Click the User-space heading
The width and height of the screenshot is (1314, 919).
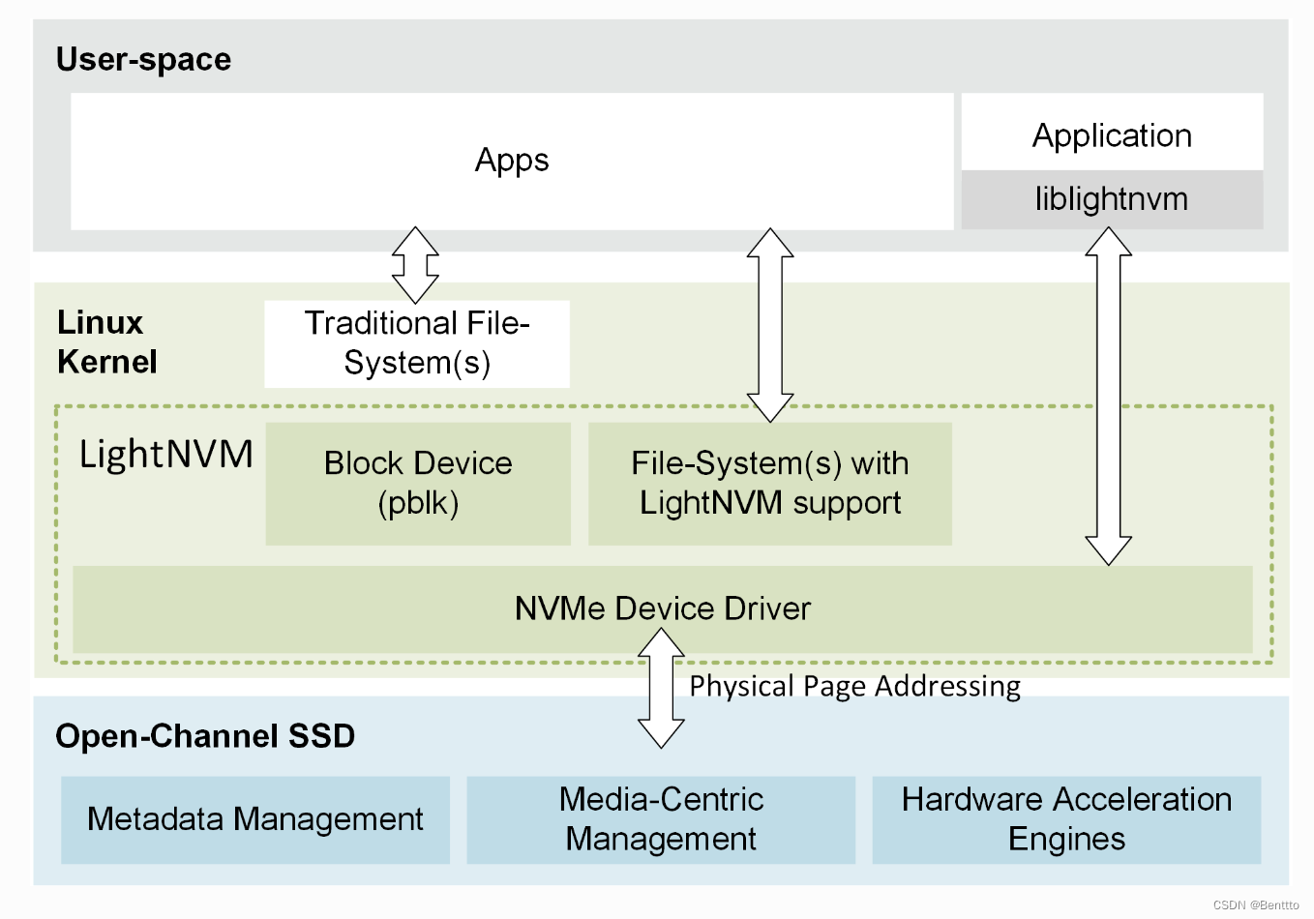pyautogui.click(x=143, y=60)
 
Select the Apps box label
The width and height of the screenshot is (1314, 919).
pyautogui.click(x=512, y=161)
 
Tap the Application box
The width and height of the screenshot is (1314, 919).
pyautogui.click(x=1112, y=135)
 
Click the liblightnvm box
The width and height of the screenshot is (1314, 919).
pyautogui.click(x=1112, y=199)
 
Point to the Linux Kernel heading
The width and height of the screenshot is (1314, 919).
pyautogui.click(x=106, y=342)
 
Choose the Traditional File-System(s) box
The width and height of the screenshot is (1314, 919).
pyautogui.click(x=417, y=343)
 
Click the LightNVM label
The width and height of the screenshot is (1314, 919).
pyautogui.click(x=165, y=454)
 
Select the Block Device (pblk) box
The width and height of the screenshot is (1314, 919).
pyautogui.click(x=418, y=483)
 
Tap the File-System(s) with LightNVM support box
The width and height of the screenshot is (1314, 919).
pyautogui.click(x=770, y=483)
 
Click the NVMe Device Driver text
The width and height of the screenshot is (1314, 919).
pyautogui.click(x=662, y=608)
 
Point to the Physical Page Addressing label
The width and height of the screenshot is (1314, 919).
pyautogui.click(x=854, y=686)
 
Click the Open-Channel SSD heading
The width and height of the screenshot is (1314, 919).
pyautogui.click(x=205, y=736)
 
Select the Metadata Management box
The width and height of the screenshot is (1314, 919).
pyautogui.click(x=255, y=819)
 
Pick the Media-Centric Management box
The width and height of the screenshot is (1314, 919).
pyautogui.click(x=661, y=819)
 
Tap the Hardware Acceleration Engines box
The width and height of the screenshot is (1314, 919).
pyautogui.click(x=1066, y=819)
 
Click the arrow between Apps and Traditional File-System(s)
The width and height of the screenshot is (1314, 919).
pyautogui.click(x=415, y=265)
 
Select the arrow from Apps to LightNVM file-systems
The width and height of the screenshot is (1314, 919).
pyautogui.click(x=770, y=325)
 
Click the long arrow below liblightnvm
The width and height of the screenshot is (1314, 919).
pyautogui.click(x=1108, y=397)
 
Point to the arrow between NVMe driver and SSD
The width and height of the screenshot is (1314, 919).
pyautogui.click(x=662, y=688)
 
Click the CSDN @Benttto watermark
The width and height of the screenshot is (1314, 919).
pyautogui.click(x=1255, y=905)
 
